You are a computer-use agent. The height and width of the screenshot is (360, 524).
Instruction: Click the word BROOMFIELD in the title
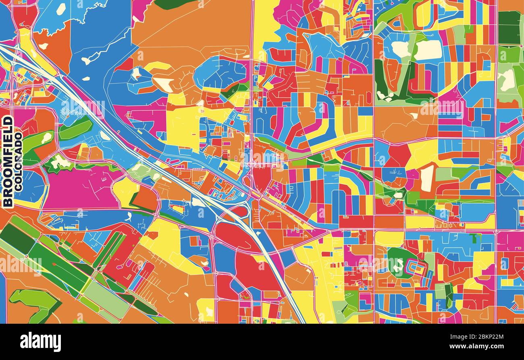(7, 161)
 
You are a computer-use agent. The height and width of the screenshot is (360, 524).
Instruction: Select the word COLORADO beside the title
(19, 161)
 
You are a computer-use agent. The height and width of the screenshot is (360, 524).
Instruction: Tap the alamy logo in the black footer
(40, 342)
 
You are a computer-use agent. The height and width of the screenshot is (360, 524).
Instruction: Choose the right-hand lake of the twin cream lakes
(428, 50)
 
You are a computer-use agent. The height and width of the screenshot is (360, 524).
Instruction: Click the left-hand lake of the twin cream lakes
(401, 49)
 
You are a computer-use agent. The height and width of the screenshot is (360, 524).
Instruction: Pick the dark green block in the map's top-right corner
(509, 27)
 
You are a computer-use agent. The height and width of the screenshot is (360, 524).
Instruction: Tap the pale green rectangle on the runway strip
(106, 298)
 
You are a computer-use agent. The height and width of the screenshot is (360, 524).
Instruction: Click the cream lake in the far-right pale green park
(507, 80)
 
